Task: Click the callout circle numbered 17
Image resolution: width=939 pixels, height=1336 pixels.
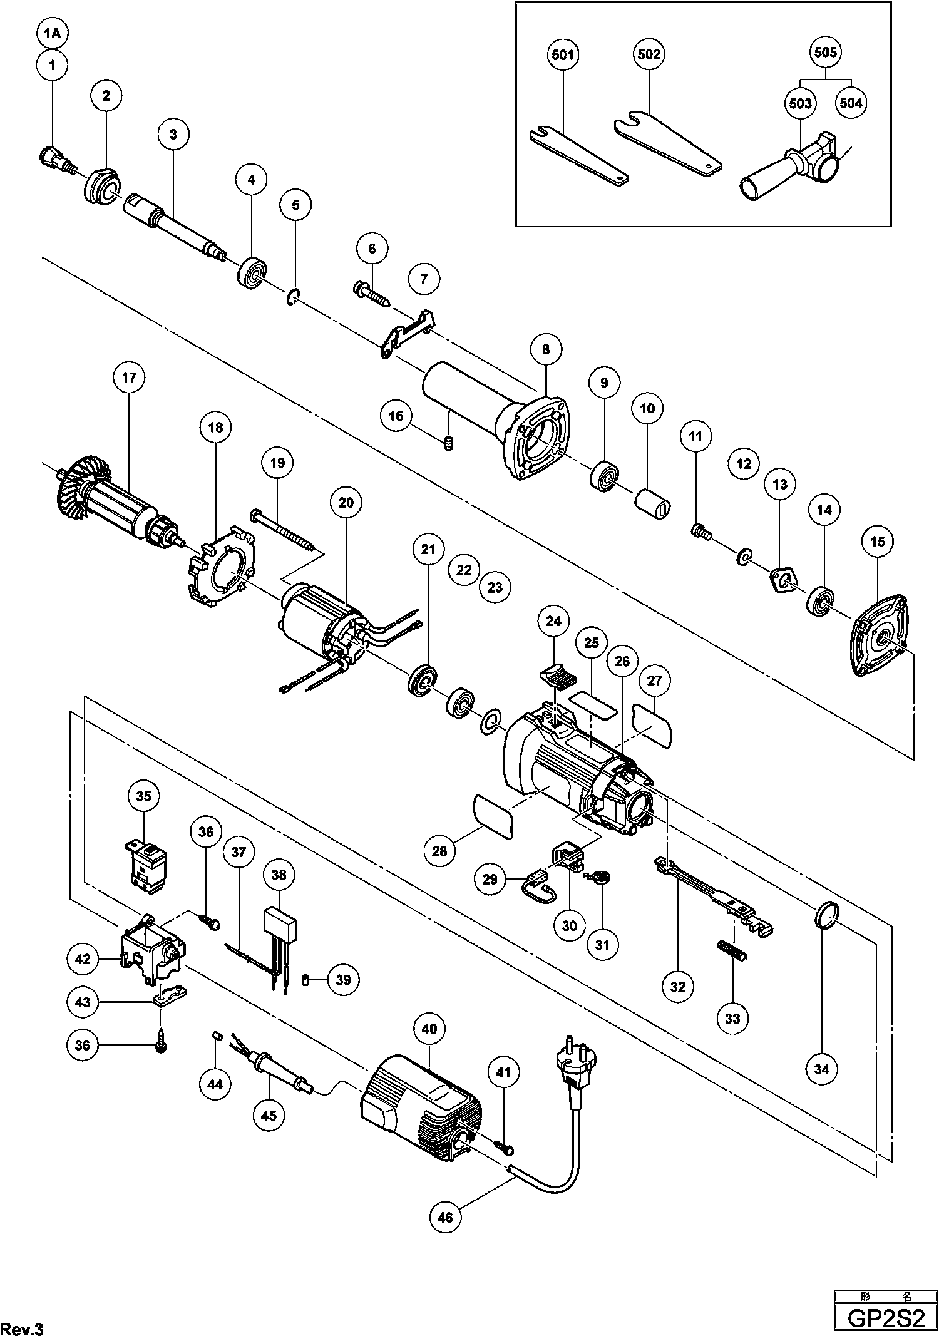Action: [128, 378]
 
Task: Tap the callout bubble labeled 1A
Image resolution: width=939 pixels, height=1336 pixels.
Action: [53, 34]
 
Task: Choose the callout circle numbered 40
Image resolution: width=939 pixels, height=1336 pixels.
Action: [429, 1029]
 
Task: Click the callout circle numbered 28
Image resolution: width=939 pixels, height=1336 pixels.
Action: [440, 851]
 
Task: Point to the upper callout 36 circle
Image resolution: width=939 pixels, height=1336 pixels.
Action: [207, 832]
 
